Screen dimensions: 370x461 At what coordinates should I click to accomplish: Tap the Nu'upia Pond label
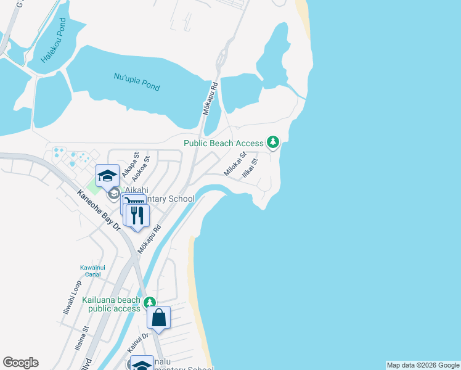137,81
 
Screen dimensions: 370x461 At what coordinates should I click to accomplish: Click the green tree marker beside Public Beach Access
273,142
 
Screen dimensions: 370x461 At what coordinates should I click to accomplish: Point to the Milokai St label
235,164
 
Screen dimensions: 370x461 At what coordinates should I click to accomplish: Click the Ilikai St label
250,168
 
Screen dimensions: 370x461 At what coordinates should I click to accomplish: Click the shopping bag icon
159,318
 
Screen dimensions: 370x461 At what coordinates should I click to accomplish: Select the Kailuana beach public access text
111,304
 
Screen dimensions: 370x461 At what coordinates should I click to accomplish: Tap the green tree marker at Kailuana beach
149,303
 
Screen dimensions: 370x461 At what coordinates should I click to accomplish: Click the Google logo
20,363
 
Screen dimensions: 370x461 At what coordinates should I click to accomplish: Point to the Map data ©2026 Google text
423,365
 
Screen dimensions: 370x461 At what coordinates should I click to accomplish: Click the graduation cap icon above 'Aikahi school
107,176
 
